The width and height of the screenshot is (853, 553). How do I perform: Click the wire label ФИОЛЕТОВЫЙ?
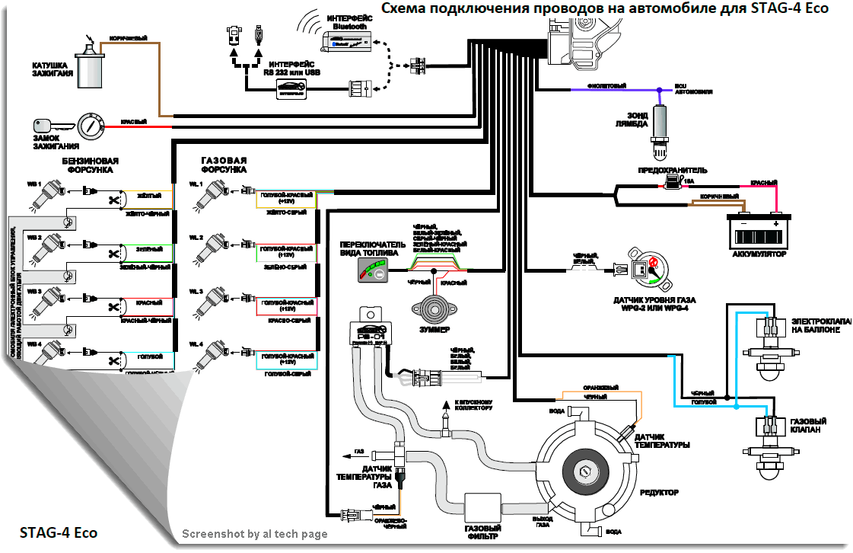pos(607,85)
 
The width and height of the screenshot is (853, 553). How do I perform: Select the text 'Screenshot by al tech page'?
pos(254,534)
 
